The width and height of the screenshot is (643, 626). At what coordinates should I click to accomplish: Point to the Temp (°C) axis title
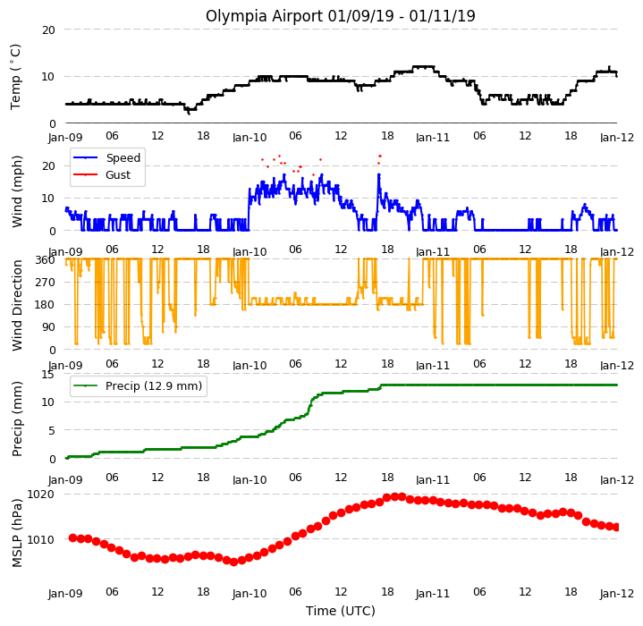tap(15, 77)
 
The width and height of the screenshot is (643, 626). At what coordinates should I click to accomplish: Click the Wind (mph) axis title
tap(17, 191)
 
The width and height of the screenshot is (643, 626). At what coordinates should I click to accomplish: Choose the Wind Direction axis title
tap(17, 306)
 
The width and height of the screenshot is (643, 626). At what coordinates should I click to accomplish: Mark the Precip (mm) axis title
tap(17, 419)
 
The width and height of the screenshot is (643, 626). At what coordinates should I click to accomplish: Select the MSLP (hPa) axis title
tap(17, 533)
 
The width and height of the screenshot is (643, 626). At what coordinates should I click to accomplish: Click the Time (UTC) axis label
tap(341, 611)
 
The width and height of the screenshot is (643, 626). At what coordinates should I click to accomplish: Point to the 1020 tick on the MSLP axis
tap(40, 494)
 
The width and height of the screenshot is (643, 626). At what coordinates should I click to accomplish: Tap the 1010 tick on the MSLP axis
tap(40, 539)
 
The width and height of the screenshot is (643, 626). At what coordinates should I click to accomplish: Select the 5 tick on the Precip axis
tap(52, 430)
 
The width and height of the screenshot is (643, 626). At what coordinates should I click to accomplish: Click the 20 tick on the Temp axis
tap(49, 30)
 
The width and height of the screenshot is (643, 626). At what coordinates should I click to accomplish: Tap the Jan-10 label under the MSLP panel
tap(250, 593)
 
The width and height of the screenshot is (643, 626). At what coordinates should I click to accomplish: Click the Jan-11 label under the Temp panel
tap(433, 138)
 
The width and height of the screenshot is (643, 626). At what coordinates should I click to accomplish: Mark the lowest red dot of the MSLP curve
tap(233, 562)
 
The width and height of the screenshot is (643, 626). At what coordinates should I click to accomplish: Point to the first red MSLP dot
tap(73, 537)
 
